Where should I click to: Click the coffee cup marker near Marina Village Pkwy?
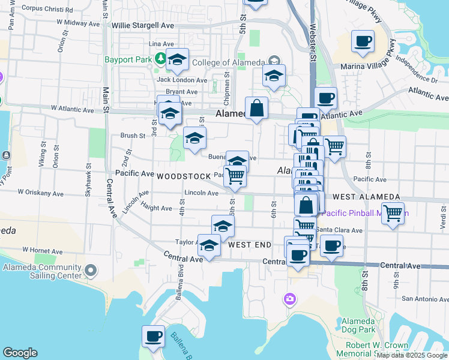pos(363,41)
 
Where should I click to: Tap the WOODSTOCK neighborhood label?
pos(184,176)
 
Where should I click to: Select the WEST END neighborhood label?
pos(250,245)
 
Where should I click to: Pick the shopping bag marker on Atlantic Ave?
pos(256,109)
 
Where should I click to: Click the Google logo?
pos(20,353)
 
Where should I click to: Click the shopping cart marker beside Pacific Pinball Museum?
pos(393,212)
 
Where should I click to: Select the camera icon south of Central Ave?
pos(290,298)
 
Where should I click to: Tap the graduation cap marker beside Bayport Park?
pos(177,60)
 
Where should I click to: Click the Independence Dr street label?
pos(416,70)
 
